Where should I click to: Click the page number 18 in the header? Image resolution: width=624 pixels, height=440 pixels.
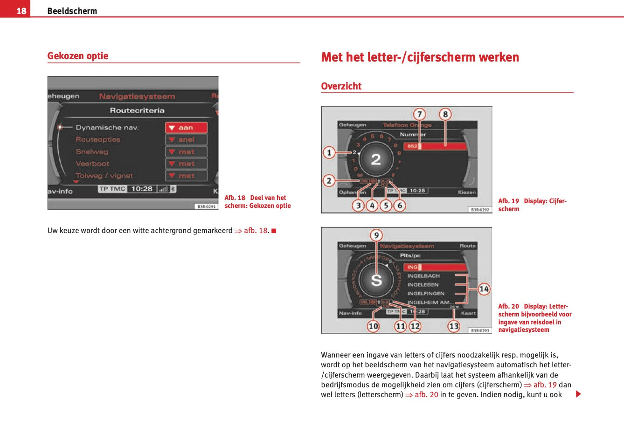21,11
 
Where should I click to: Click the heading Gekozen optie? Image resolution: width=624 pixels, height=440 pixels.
78,56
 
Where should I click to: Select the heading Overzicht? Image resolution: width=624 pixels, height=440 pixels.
341,86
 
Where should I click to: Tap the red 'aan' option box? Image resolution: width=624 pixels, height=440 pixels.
186,128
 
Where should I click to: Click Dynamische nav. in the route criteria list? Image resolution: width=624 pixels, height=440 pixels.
107,128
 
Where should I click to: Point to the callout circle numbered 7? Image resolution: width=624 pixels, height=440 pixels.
419,114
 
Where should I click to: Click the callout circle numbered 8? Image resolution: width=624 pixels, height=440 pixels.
445,114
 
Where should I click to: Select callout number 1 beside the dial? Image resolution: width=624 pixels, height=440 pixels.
329,152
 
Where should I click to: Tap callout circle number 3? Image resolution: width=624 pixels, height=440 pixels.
358,205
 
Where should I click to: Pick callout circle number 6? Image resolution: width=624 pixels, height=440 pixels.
400,205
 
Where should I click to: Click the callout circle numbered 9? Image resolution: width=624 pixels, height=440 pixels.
376,235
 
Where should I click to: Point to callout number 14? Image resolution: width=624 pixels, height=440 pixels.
484,289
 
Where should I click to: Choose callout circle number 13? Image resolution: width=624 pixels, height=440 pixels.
454,326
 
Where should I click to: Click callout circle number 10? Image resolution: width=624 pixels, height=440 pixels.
373,326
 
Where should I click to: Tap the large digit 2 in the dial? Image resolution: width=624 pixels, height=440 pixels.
376,160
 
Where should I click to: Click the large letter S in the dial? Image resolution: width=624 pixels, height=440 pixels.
376,281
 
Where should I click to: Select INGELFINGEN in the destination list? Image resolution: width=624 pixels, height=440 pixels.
426,294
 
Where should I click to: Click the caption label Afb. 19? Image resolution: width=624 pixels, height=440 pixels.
508,201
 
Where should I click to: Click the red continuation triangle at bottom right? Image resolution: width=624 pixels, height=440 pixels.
578,394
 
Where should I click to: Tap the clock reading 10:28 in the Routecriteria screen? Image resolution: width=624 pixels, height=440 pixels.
142,189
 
